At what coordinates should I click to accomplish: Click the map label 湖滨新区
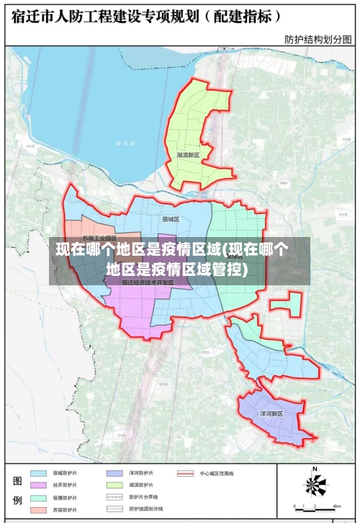(192, 155)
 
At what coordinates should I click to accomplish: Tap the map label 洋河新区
(271, 414)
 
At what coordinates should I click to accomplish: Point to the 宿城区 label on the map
(171, 218)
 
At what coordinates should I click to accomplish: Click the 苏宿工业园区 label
(99, 238)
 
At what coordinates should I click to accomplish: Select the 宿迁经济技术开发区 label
(148, 282)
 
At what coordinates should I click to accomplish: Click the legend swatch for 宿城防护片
(38, 473)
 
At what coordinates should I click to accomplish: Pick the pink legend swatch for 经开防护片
(38, 486)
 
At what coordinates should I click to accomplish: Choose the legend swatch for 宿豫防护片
(38, 498)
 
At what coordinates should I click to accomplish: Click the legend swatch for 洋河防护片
(114, 473)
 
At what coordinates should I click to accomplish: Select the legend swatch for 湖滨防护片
(114, 486)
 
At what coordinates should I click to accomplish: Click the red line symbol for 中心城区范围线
(186, 473)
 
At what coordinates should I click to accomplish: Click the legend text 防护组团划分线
(143, 509)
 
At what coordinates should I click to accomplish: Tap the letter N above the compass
(315, 470)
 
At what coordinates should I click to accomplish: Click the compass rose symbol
(315, 485)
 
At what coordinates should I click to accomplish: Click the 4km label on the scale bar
(336, 506)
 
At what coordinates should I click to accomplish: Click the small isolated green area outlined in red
(287, 304)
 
